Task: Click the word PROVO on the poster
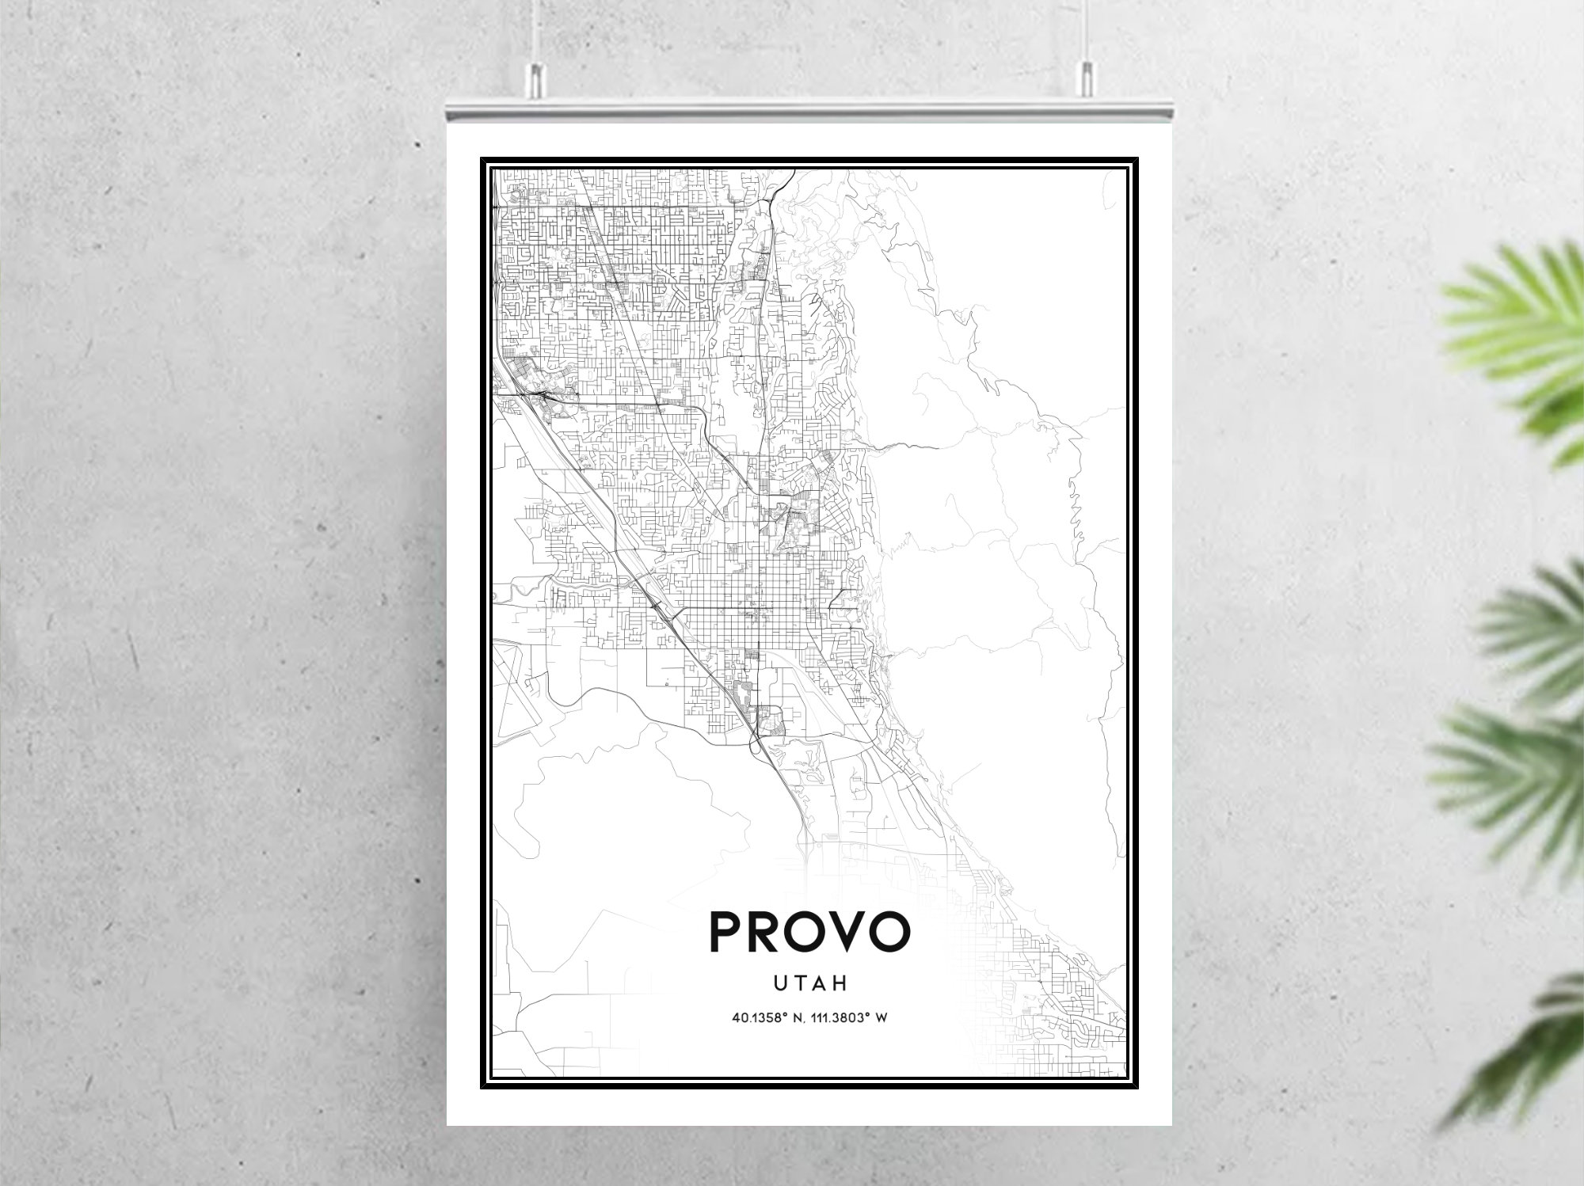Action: click(x=809, y=932)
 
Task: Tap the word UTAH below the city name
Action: click(x=809, y=983)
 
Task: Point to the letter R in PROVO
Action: click(x=767, y=932)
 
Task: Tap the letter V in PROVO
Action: click(x=848, y=932)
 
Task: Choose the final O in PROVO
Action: click(x=888, y=932)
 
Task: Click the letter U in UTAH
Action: click(x=780, y=983)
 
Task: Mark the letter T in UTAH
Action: click(x=799, y=983)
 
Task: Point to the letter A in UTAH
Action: click(x=819, y=983)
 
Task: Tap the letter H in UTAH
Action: click(x=840, y=983)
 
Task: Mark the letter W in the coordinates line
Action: click(x=881, y=1017)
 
